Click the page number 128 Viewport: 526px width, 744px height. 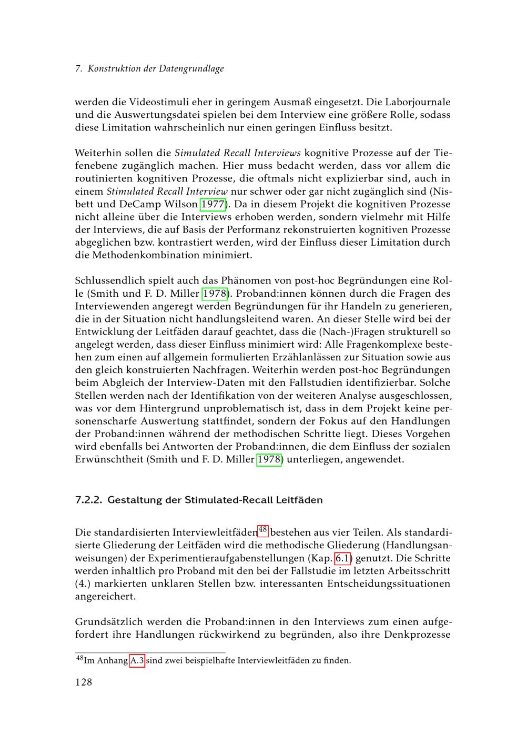coord(84,682)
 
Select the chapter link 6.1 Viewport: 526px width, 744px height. coord(343,558)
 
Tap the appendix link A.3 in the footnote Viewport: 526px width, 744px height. coord(137,660)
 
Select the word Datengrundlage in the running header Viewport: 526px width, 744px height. coord(191,69)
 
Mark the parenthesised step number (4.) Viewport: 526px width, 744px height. coord(84,584)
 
